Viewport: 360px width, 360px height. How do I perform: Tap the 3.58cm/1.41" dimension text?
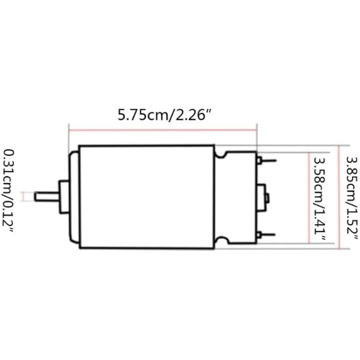click(319, 197)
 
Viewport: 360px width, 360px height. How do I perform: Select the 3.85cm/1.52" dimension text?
click(351, 197)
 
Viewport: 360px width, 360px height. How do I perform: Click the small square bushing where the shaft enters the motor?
click(63, 196)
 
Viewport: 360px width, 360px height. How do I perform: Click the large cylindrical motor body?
click(146, 197)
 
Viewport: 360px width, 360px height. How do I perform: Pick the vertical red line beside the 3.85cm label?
click(338, 197)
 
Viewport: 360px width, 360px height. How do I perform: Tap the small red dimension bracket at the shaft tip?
click(23, 196)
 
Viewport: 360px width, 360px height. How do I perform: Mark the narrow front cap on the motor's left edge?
click(73, 197)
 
